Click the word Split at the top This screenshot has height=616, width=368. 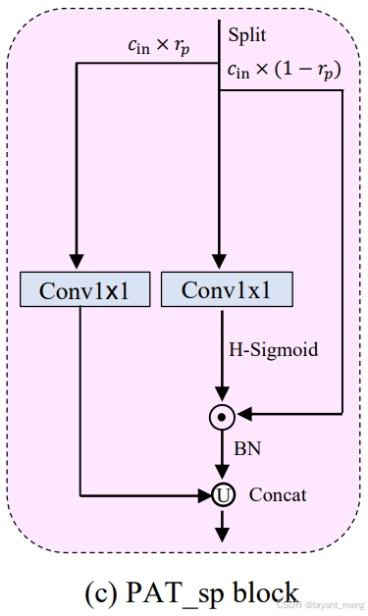(246, 36)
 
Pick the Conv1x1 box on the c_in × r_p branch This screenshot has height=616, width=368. (75, 291)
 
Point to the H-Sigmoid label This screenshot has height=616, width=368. (274, 349)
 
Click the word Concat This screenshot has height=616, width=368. (278, 494)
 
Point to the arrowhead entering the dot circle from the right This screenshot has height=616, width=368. (243, 416)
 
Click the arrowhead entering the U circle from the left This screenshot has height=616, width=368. (204, 495)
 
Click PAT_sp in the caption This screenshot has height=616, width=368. (172, 592)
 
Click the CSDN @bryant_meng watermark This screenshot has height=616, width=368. (319, 607)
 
